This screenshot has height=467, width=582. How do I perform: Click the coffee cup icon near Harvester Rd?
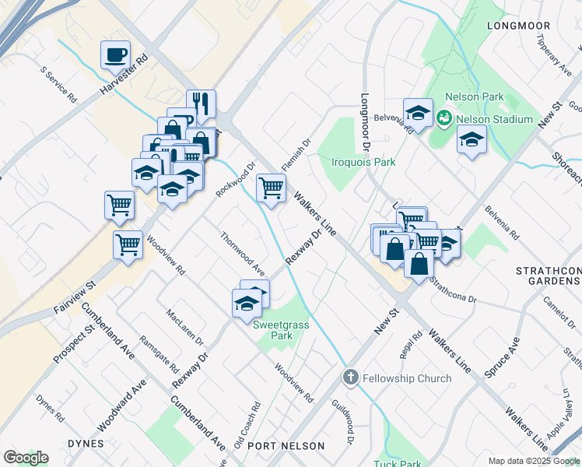115,54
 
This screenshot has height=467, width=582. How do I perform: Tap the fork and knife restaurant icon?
201,104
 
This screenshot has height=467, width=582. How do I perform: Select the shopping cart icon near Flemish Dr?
270,188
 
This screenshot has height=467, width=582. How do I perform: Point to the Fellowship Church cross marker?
350,378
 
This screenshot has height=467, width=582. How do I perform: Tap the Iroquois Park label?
363,163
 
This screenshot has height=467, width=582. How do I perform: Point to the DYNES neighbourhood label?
85,444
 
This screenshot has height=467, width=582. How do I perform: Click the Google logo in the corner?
26,458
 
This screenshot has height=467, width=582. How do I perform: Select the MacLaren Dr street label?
184,328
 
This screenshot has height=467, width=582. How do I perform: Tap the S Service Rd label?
59,85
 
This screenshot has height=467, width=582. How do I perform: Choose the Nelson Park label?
474,97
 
